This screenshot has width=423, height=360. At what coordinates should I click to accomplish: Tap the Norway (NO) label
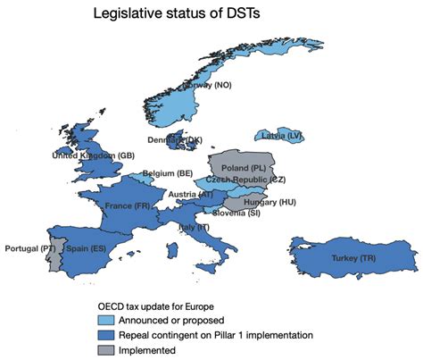[x=207, y=85]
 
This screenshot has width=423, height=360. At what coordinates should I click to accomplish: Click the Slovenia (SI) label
[x=236, y=213]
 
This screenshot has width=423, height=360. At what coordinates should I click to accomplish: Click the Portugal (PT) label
[x=30, y=247]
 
